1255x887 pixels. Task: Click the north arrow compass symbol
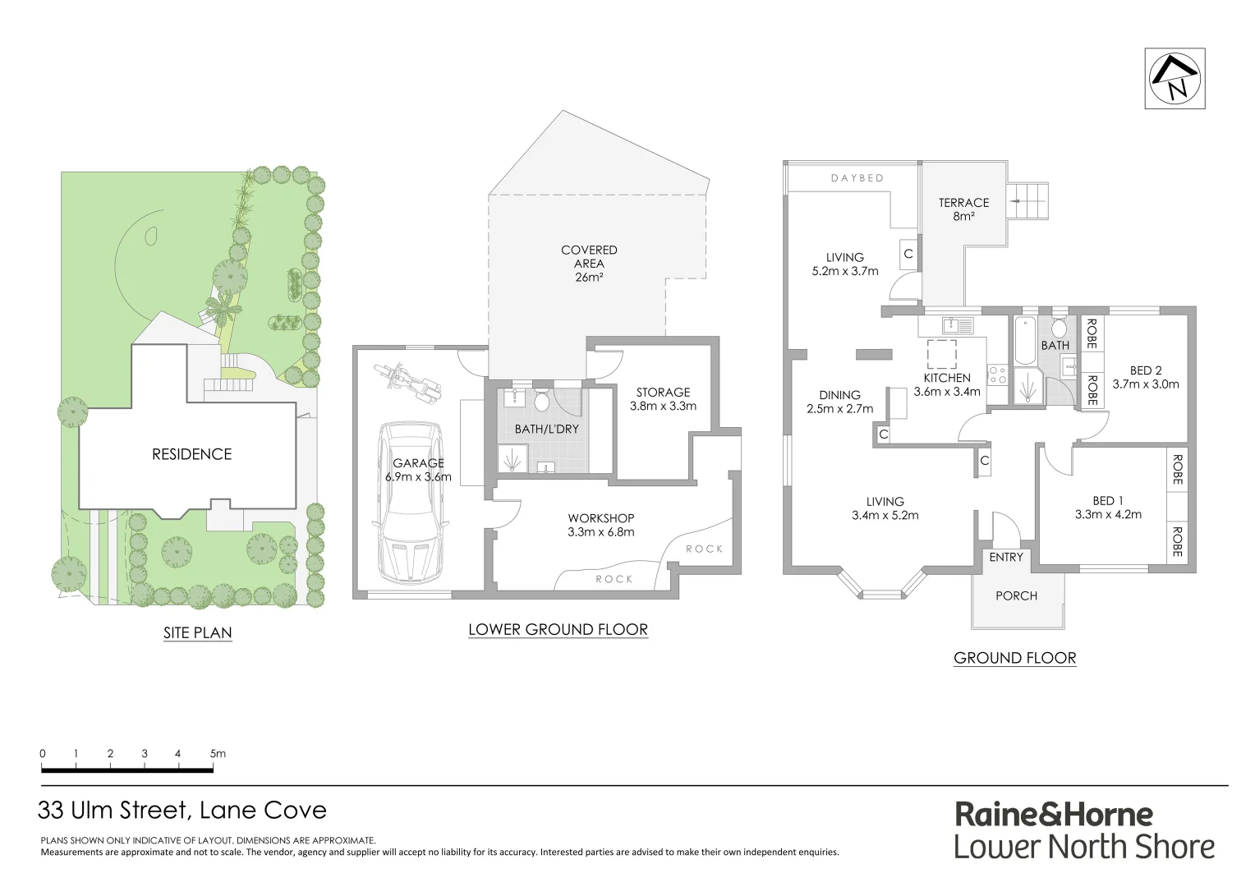click(x=1175, y=78)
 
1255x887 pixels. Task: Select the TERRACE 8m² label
click(x=963, y=209)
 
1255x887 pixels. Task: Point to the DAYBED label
click(x=857, y=178)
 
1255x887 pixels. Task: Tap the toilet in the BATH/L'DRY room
click(x=542, y=402)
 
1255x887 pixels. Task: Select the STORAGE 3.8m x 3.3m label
click(x=663, y=399)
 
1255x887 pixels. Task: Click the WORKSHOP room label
click(x=601, y=518)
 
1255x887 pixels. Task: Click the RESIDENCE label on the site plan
click(x=191, y=454)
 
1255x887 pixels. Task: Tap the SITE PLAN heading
click(x=197, y=633)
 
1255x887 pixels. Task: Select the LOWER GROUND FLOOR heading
click(x=558, y=630)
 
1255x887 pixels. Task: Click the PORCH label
click(x=1016, y=596)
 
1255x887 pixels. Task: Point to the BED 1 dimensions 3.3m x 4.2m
click(x=1108, y=515)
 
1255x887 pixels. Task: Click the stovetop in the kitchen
click(x=996, y=375)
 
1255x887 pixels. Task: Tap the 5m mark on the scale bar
click(x=217, y=754)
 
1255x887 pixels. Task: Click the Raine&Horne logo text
click(x=1053, y=815)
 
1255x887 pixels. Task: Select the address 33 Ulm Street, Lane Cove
click(x=182, y=811)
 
